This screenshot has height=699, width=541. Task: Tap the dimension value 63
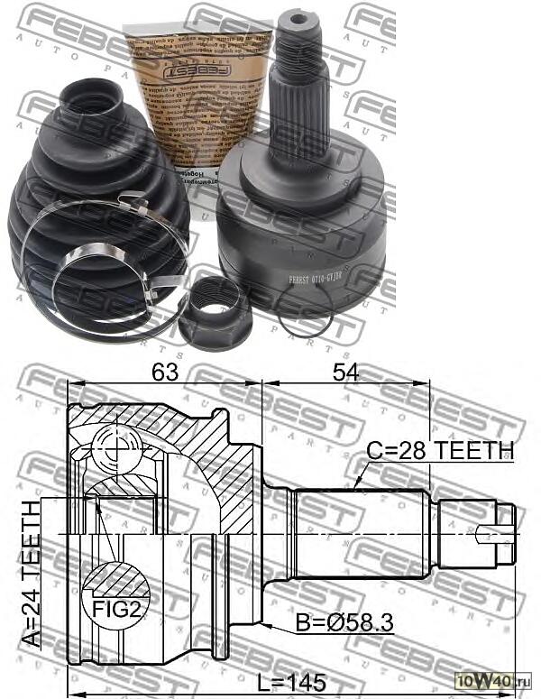click(x=163, y=372)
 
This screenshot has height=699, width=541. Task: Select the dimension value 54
click(x=342, y=372)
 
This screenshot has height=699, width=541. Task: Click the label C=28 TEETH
click(x=441, y=449)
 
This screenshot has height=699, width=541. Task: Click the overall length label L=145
click(x=288, y=683)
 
